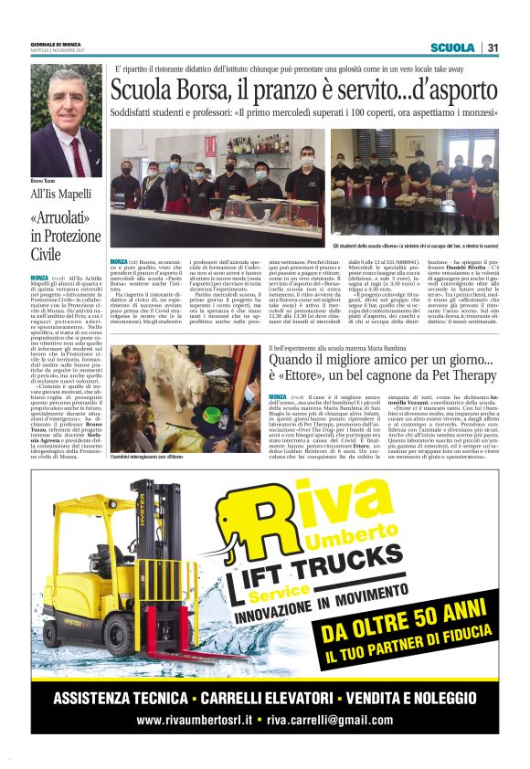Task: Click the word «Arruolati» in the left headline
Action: click(64, 218)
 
